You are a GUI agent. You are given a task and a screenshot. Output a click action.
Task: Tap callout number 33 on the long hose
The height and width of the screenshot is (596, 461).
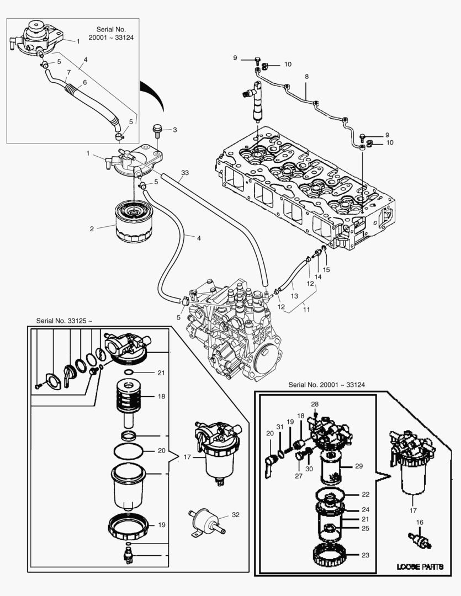[x=185, y=173]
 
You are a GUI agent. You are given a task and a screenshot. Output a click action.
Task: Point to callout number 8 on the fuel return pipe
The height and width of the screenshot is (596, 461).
[x=306, y=76]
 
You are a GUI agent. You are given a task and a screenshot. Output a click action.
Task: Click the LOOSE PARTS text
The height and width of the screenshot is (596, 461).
[x=420, y=567]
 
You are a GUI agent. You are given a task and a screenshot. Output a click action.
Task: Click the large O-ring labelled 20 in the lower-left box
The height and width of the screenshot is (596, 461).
[x=129, y=451]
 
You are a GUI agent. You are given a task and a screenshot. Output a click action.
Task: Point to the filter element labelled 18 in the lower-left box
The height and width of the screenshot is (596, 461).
[x=129, y=405]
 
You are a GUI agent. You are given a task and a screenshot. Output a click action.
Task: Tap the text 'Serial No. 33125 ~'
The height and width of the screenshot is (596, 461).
[x=64, y=321]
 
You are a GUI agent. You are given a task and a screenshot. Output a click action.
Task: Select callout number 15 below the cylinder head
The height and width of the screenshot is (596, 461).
[x=326, y=270]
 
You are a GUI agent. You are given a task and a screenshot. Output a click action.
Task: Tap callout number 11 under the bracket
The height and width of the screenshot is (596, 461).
[x=306, y=310]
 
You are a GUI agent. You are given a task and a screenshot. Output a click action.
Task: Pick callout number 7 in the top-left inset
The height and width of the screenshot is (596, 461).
[x=69, y=72]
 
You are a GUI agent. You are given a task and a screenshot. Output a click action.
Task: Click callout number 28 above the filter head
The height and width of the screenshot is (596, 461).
[x=315, y=404]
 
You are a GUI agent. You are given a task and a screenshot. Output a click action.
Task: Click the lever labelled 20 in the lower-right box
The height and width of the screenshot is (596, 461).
[x=269, y=466]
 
